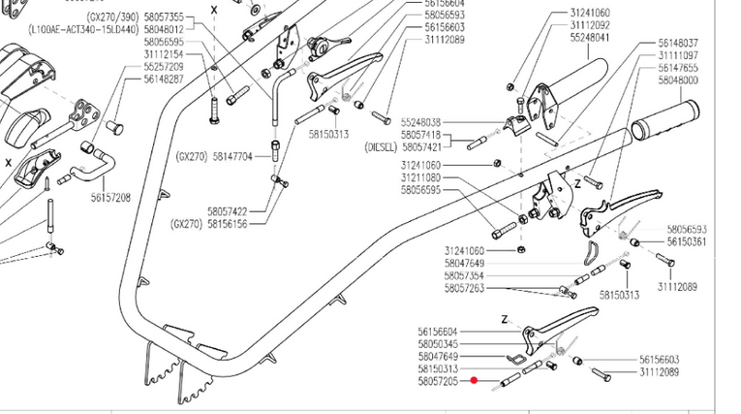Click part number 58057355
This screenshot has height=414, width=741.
(164, 18)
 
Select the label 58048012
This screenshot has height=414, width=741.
(164, 30)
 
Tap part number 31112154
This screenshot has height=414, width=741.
(164, 55)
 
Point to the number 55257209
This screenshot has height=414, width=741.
(164, 67)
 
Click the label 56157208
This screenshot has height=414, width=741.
(110, 197)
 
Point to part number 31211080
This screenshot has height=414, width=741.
(420, 177)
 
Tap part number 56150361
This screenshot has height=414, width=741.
(686, 241)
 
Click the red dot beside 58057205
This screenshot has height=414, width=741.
(473, 382)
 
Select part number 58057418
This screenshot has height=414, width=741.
(420, 135)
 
